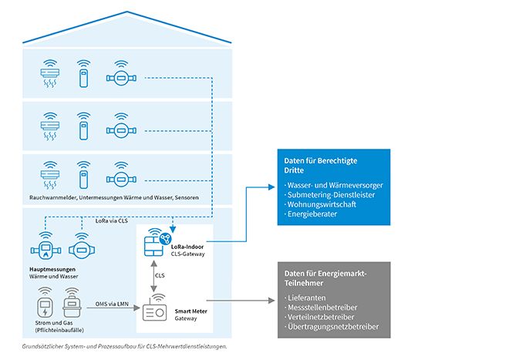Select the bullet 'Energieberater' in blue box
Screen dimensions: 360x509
[x=312, y=214]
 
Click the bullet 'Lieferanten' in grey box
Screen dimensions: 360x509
[x=307, y=298]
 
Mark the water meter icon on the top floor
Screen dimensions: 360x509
[x=120, y=76]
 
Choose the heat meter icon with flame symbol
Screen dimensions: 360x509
[x=46, y=249]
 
